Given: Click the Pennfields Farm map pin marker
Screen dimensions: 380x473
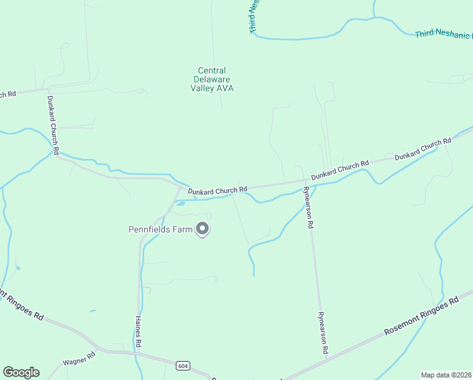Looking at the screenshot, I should pos(202,228).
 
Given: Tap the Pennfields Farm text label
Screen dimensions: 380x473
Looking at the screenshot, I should pos(161,229).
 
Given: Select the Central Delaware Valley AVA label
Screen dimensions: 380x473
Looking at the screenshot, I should pos(212,80).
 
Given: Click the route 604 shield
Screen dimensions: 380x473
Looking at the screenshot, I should pos(183,365).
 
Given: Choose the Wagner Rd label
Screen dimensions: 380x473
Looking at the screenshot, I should pos(78,362).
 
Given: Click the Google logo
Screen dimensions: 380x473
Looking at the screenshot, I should pos(21,372).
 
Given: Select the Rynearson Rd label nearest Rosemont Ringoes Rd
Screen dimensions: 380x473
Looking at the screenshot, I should pos(323,332).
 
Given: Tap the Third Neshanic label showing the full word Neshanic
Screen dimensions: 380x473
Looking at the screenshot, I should pos(443,34).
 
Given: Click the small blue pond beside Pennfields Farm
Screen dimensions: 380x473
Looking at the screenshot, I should pos(180,204).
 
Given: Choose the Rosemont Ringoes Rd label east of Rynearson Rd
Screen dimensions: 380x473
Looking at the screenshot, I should pos(422,318).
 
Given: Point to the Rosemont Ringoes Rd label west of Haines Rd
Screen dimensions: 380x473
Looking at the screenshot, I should pos(21,305).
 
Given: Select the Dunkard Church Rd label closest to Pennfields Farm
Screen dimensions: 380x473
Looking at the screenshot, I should pos(217,189).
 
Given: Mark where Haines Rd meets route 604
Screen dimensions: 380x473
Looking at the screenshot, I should pos(138,352).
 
